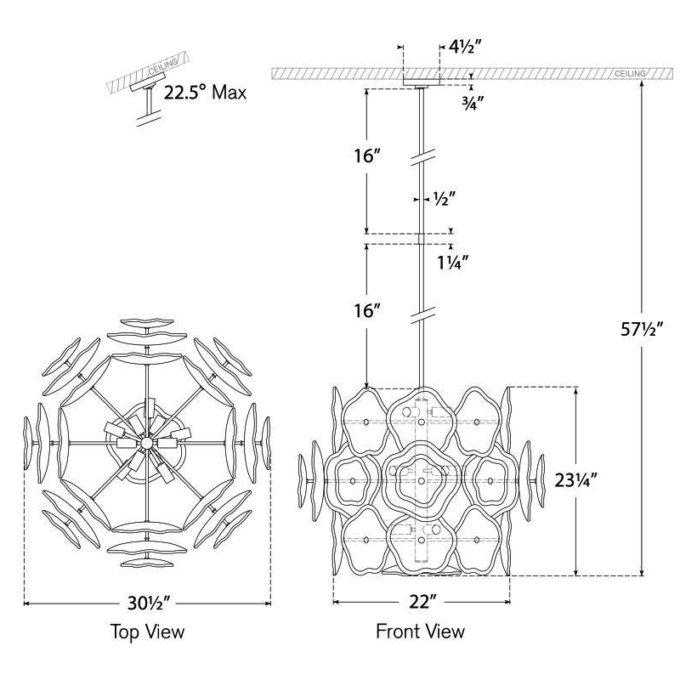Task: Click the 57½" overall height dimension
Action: click(642, 330)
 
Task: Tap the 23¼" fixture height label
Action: click(576, 480)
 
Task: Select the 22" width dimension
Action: click(422, 602)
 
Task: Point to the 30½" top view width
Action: click(148, 603)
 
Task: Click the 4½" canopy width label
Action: click(466, 47)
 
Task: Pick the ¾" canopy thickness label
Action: click(473, 104)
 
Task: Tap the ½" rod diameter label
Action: click(445, 199)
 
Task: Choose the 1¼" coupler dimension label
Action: click(453, 263)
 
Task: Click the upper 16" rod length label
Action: click(367, 156)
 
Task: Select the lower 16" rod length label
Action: click(367, 310)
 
